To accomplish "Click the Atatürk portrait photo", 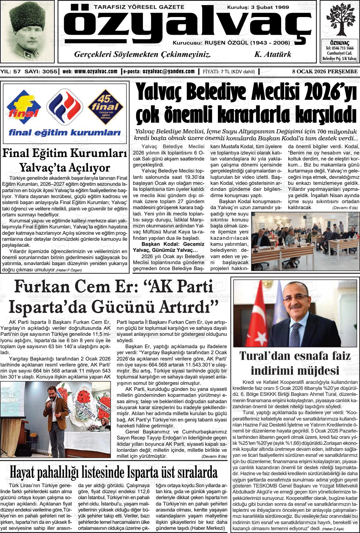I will click(28, 32).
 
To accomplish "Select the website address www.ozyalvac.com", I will click(96, 72).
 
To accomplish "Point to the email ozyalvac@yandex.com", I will click(168, 72).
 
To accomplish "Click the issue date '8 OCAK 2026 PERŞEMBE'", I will click(325, 72).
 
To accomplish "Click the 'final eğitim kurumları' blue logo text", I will click(65, 133).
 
